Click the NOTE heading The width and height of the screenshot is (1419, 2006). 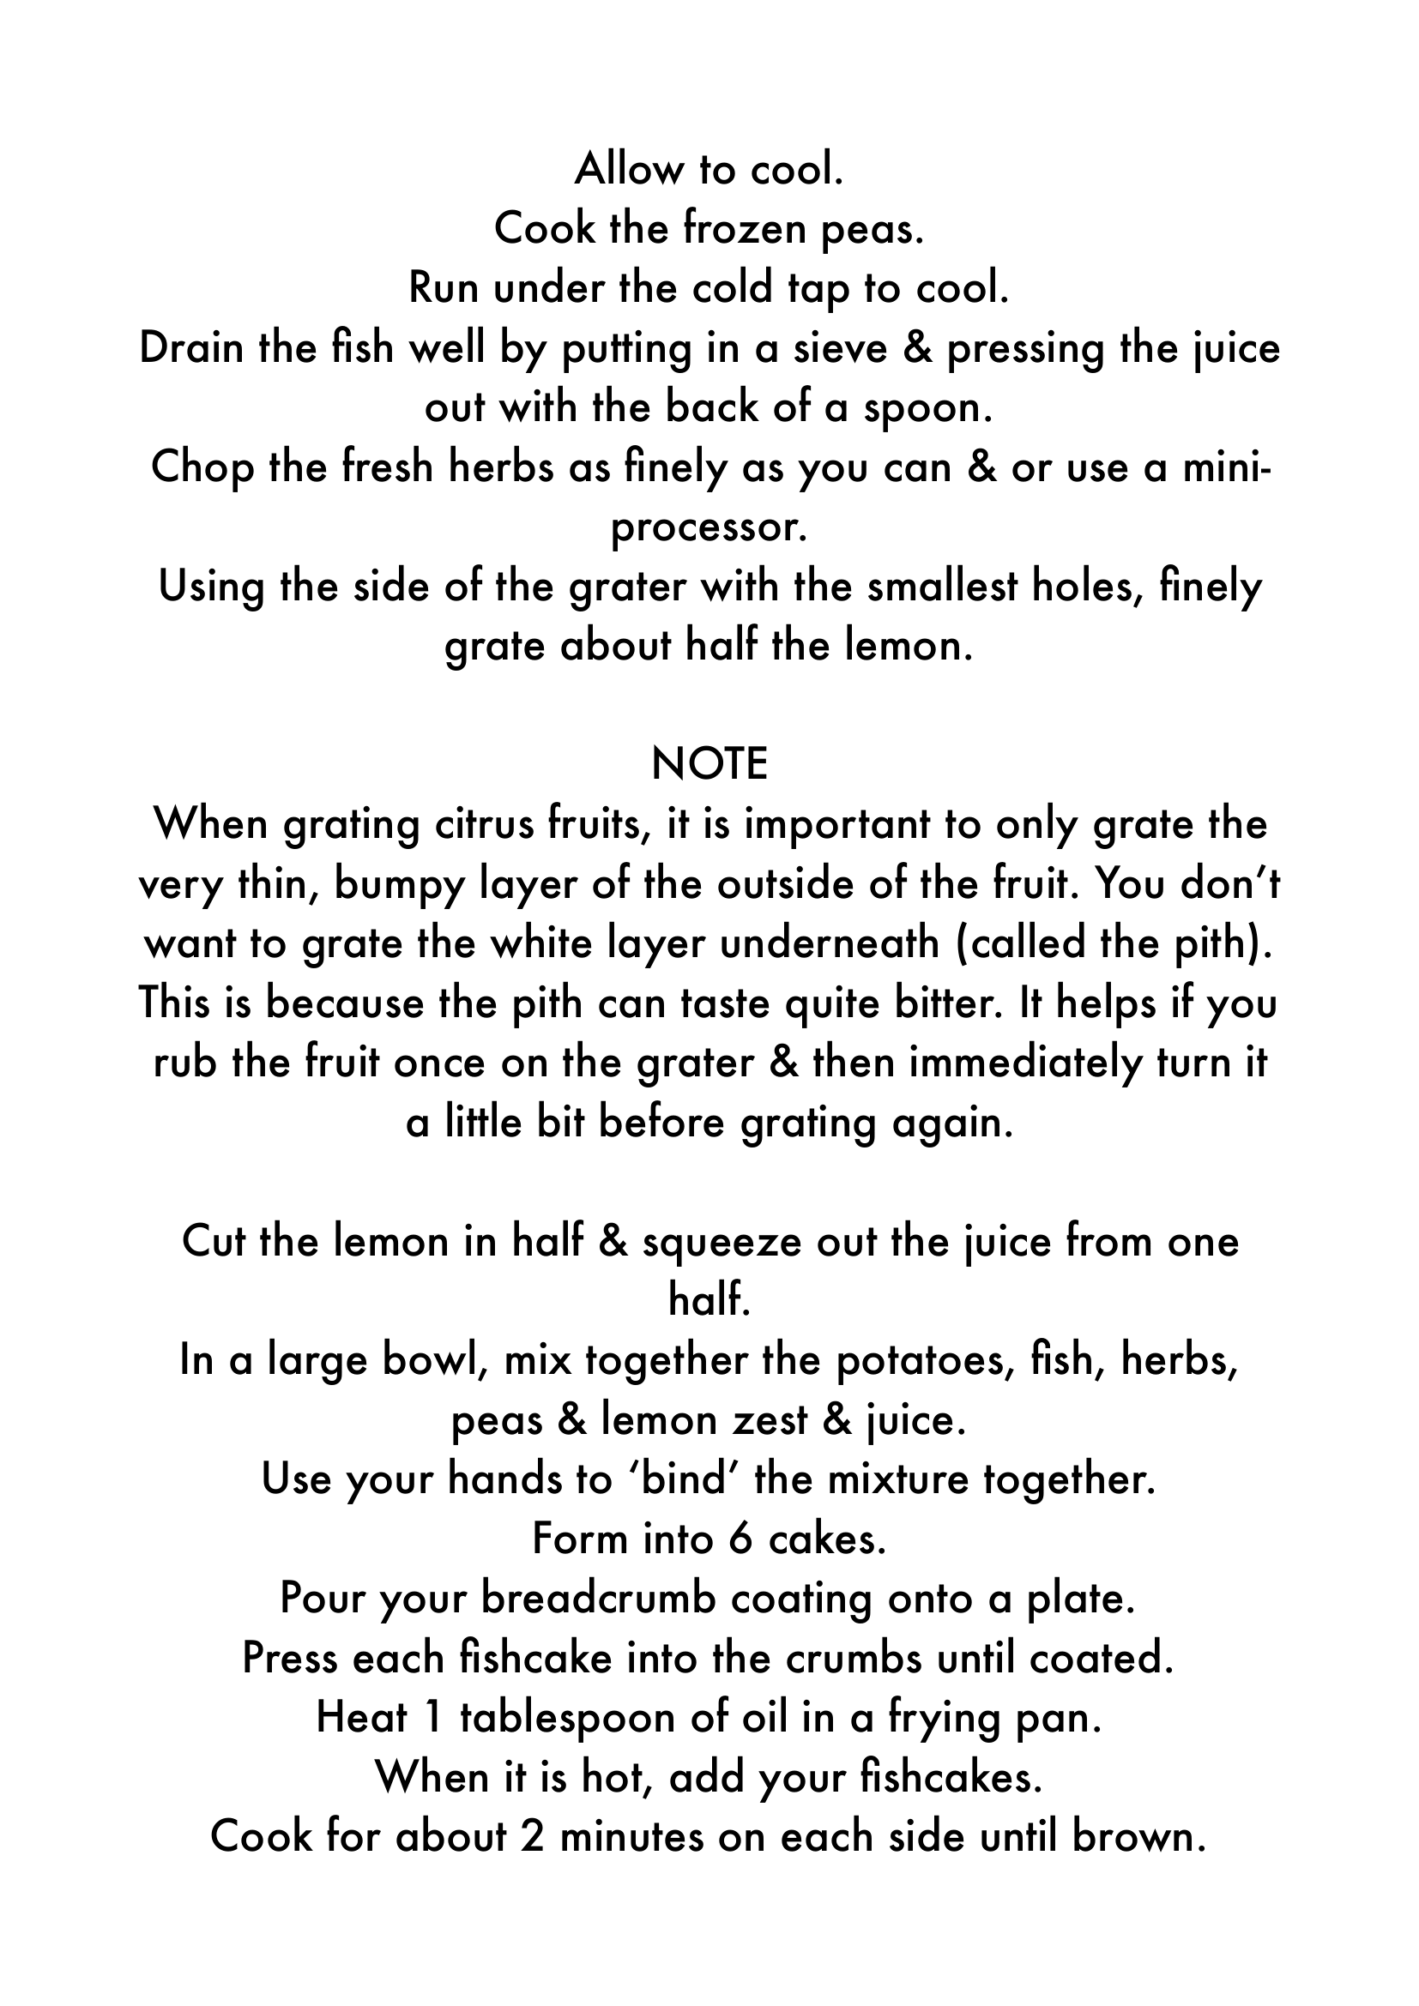(709, 764)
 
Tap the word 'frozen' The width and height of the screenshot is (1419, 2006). (744, 229)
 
